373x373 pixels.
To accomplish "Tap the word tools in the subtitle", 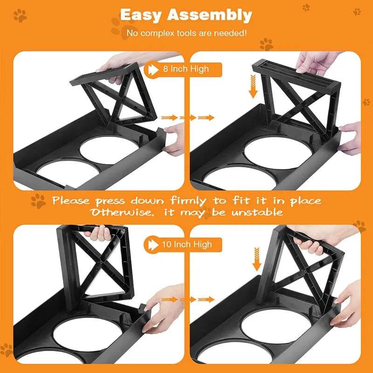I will [x=198, y=33].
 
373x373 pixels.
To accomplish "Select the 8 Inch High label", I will [x=186, y=69].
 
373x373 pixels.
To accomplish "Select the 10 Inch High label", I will [x=186, y=244].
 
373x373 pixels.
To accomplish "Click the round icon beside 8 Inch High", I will [x=153, y=69].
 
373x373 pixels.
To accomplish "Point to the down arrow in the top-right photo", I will [x=253, y=88].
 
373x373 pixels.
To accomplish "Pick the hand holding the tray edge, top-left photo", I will [x=175, y=138].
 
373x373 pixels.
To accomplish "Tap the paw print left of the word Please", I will [x=38, y=201].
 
